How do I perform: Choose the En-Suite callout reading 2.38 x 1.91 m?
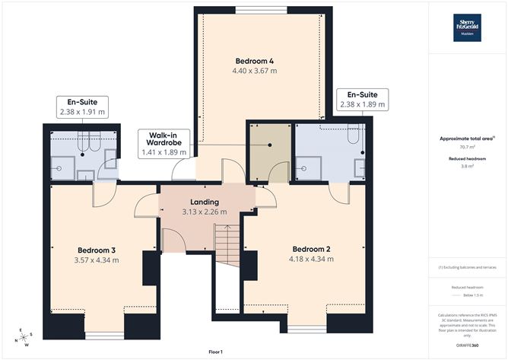pyautogui.click(x=82, y=107)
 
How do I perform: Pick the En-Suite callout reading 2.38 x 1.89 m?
pyautogui.click(x=362, y=99)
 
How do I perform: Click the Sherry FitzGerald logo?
pyautogui.click(x=467, y=27)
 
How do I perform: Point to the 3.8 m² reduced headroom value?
pyautogui.click(x=467, y=167)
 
